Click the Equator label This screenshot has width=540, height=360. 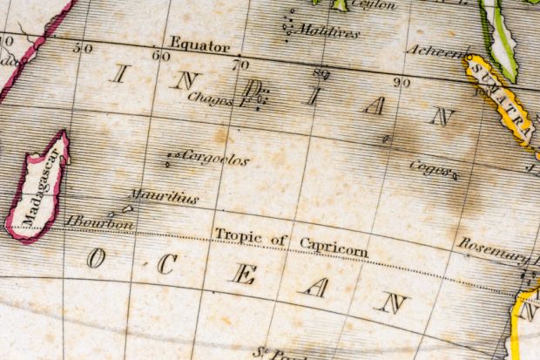click(199, 44)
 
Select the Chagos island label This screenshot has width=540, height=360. click(210, 99)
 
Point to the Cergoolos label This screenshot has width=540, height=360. click(215, 160)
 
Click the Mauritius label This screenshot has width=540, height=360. click(164, 197)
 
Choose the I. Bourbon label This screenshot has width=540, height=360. click(99, 223)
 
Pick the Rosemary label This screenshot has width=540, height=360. click(493, 250)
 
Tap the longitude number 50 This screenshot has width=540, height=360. click(83, 48)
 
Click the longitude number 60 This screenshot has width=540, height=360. click(160, 56)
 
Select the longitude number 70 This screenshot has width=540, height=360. click(240, 64)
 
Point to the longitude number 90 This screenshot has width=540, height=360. click(401, 82)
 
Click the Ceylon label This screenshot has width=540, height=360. click(373, 4)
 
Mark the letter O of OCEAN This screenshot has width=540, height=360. click(95, 258)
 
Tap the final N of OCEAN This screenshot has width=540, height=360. click(393, 302)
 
